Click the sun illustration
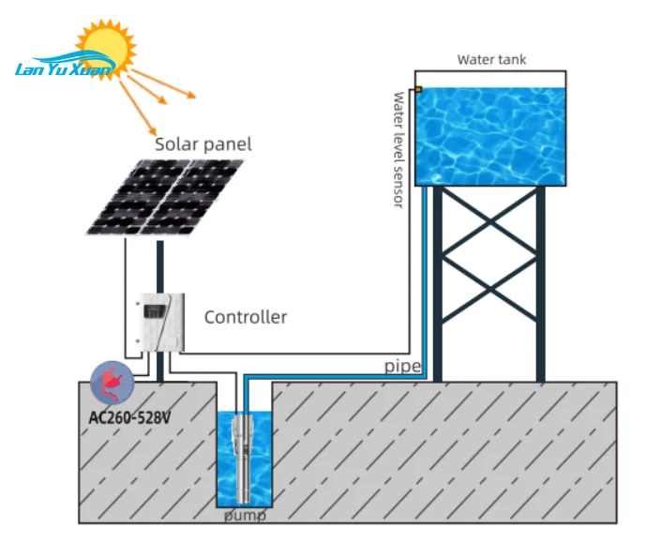click(x=106, y=49)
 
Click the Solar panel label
click(x=203, y=144)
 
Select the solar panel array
click(x=165, y=197)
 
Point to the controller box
click(x=161, y=323)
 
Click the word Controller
click(x=246, y=317)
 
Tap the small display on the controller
click(x=154, y=311)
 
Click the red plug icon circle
click(x=113, y=384)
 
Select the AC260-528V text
click(x=129, y=417)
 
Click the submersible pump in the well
click(x=243, y=459)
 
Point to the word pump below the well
click(x=245, y=516)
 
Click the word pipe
click(x=402, y=367)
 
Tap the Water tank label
click(x=491, y=59)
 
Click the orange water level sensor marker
click(x=418, y=89)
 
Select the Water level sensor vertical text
click(x=398, y=150)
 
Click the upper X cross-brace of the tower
click(x=489, y=220)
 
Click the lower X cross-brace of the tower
click(x=489, y=289)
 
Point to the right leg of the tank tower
click(x=540, y=284)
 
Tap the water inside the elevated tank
click(x=490, y=137)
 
